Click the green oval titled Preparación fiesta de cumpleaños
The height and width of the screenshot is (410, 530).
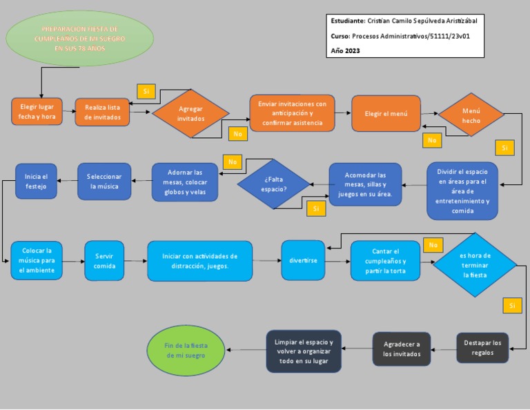79,39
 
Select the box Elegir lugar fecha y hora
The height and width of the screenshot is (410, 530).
37,112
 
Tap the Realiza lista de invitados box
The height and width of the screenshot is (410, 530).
102,112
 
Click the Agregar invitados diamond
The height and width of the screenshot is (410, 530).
190,114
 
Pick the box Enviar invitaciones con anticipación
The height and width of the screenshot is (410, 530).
292,113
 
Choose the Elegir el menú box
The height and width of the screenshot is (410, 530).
386,113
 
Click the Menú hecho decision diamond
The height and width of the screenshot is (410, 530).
471,115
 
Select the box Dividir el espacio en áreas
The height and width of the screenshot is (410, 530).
462,191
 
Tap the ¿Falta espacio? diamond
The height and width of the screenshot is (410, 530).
273,184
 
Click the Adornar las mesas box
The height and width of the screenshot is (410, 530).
184,182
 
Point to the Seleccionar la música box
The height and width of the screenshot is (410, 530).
104,182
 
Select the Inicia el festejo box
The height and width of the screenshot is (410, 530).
36,182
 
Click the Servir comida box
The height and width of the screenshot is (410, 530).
104,260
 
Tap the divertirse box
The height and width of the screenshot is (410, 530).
303,260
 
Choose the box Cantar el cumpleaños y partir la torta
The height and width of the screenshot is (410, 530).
385,260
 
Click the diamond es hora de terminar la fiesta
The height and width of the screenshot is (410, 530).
475,264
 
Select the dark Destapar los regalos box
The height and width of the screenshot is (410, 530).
482,347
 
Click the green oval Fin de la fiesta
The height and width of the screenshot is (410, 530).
186,349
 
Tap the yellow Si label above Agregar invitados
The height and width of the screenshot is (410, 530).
146,91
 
